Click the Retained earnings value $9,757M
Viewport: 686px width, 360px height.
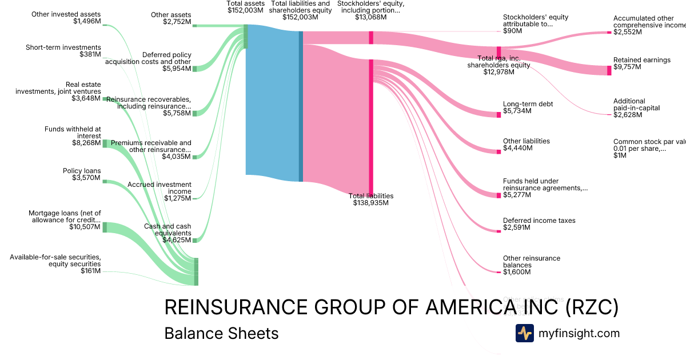(x=627, y=67)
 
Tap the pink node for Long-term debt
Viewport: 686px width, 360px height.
(x=498, y=114)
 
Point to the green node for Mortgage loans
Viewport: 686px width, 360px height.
(x=105, y=227)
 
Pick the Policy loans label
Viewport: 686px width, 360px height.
(x=82, y=171)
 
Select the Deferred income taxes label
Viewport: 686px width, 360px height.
(x=539, y=221)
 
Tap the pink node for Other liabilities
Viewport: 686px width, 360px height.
(x=498, y=151)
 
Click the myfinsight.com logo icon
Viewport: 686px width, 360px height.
(x=524, y=333)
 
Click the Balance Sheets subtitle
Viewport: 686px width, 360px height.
(x=221, y=333)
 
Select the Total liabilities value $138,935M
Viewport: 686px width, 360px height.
(x=371, y=203)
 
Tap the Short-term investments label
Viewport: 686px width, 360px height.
(x=63, y=47)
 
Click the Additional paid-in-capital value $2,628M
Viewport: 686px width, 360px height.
(x=627, y=115)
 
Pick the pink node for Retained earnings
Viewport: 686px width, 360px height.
(x=609, y=70)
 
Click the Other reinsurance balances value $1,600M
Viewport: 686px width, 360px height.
(x=517, y=272)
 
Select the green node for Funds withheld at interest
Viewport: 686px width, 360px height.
(x=105, y=136)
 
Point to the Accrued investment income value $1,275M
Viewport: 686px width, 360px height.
(x=178, y=198)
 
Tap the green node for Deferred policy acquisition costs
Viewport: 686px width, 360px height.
(x=194, y=69)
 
